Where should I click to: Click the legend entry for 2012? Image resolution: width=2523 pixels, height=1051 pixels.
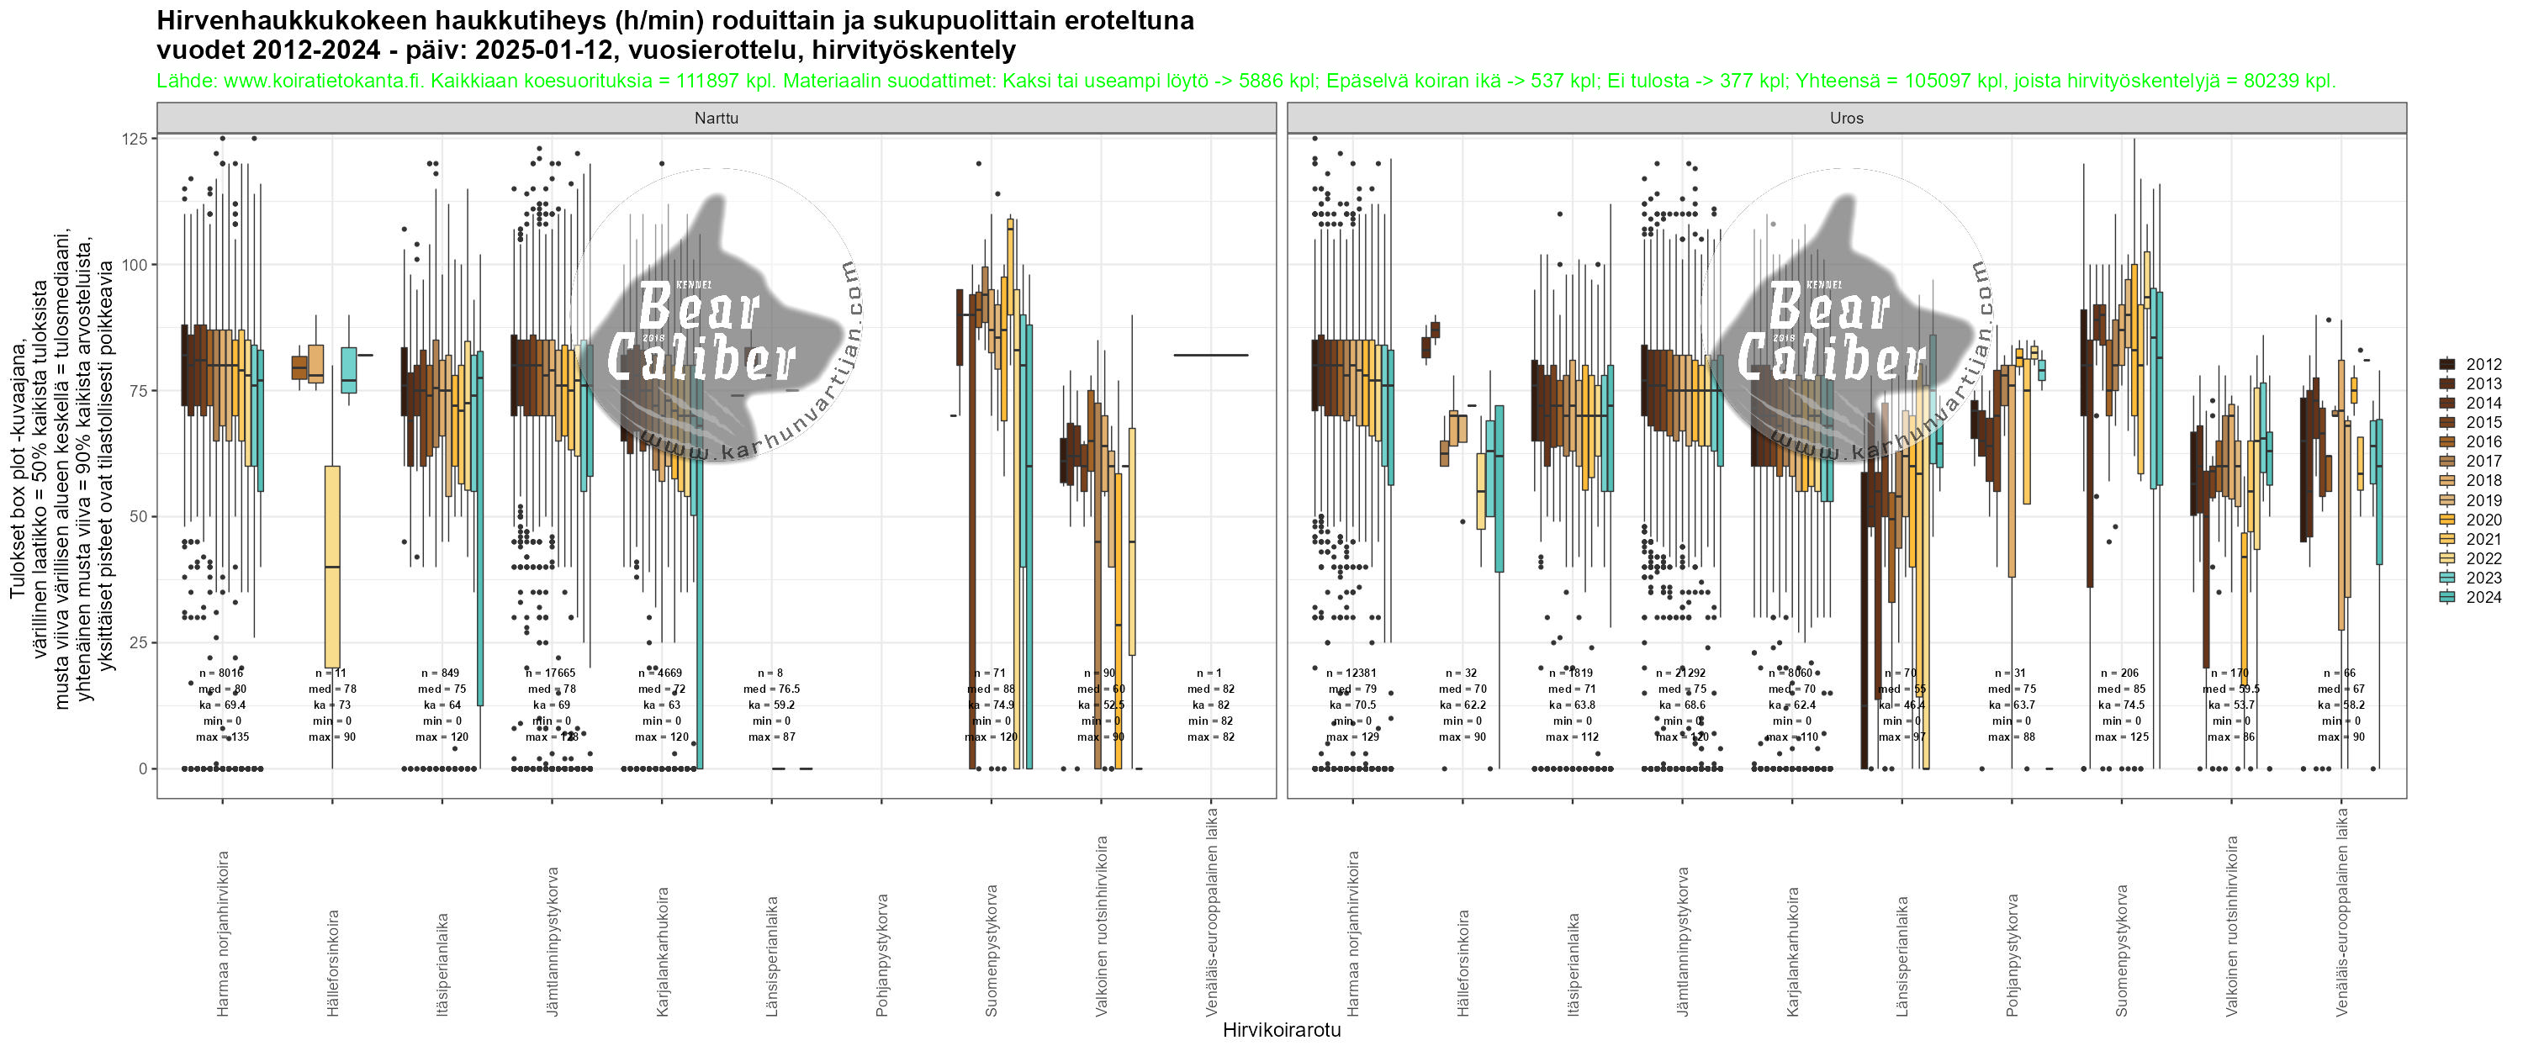click(2483, 364)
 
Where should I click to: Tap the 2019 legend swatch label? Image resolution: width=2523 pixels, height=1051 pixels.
click(2483, 500)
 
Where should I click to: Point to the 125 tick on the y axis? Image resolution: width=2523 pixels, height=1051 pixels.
click(135, 139)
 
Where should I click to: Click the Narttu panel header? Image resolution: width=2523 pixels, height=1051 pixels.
click(716, 119)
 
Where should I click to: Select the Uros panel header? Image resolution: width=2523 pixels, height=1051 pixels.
click(1846, 119)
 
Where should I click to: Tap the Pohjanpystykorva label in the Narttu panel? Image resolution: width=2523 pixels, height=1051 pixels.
click(882, 940)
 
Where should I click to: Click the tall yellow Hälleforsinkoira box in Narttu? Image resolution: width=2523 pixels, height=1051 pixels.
click(333, 566)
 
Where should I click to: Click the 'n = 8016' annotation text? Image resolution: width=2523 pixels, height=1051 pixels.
click(221, 673)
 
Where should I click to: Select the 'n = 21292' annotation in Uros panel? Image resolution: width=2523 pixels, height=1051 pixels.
click(1683, 673)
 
